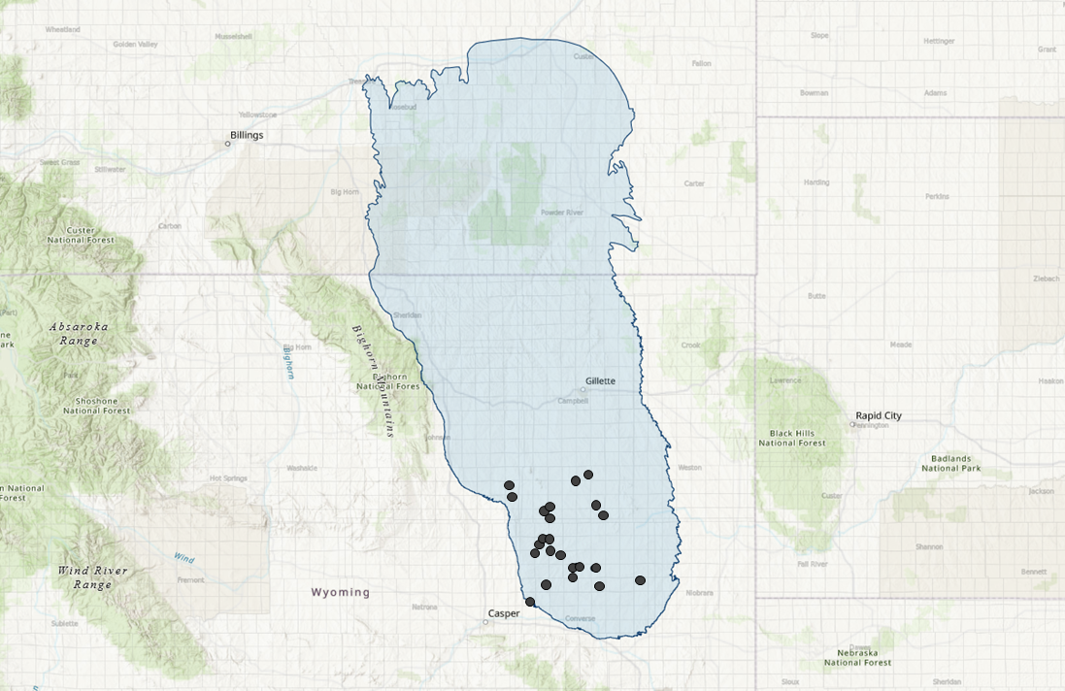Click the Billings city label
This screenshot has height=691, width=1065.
coord(247,135)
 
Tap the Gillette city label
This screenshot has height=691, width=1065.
coord(600,380)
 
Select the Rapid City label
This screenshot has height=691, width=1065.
coord(878,415)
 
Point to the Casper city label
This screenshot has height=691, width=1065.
coord(504,613)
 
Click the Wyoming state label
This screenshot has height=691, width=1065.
coord(341,592)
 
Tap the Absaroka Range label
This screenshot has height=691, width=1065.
coord(79,334)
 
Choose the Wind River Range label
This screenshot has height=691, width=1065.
coord(93,577)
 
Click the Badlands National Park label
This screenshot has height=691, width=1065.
coord(951,463)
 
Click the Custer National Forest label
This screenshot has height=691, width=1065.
coord(81,235)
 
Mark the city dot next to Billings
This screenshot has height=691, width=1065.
coord(228,144)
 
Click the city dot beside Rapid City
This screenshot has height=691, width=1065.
coord(853,424)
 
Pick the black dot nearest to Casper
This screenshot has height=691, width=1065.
coord(530,602)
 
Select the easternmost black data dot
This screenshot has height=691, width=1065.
coord(640,580)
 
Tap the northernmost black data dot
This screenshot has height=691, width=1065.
coord(588,475)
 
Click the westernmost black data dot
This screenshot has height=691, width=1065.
coord(509,485)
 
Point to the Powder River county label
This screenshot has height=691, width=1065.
coord(562,213)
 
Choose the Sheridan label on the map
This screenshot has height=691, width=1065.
coord(408,315)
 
